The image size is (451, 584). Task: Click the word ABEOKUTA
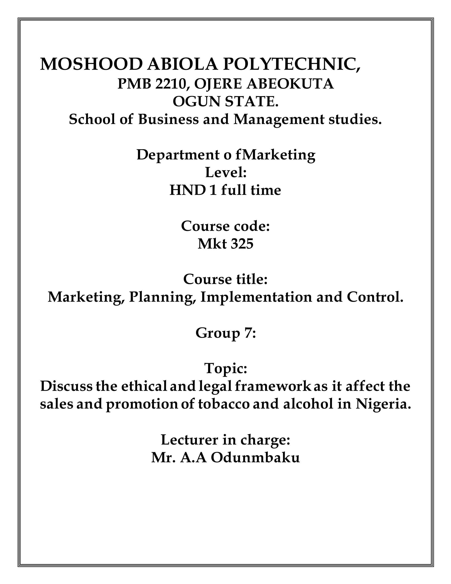click(x=290, y=84)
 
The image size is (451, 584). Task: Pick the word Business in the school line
click(x=168, y=119)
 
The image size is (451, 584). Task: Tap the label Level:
click(x=225, y=173)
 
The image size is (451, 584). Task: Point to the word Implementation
click(x=256, y=297)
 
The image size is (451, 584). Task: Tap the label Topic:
click(x=225, y=368)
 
